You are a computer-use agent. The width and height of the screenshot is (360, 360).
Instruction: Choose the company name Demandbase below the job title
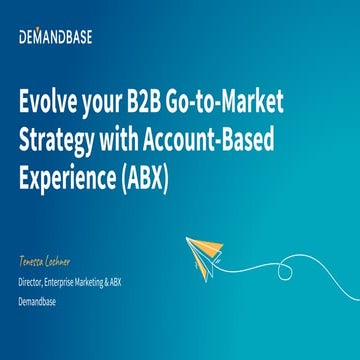tap(38, 298)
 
